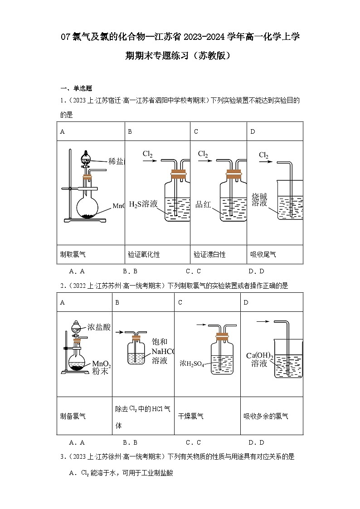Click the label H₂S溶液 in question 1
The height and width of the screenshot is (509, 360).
click(143, 204)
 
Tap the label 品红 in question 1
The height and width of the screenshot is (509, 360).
click(204, 204)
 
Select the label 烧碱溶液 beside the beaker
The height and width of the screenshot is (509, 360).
click(259, 200)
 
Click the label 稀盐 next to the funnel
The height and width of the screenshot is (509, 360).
click(116, 161)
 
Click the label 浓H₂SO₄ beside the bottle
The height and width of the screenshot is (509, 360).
click(192, 363)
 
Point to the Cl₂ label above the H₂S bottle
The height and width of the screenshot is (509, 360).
click(147, 154)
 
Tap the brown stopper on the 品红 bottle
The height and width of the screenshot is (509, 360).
click(232, 173)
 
